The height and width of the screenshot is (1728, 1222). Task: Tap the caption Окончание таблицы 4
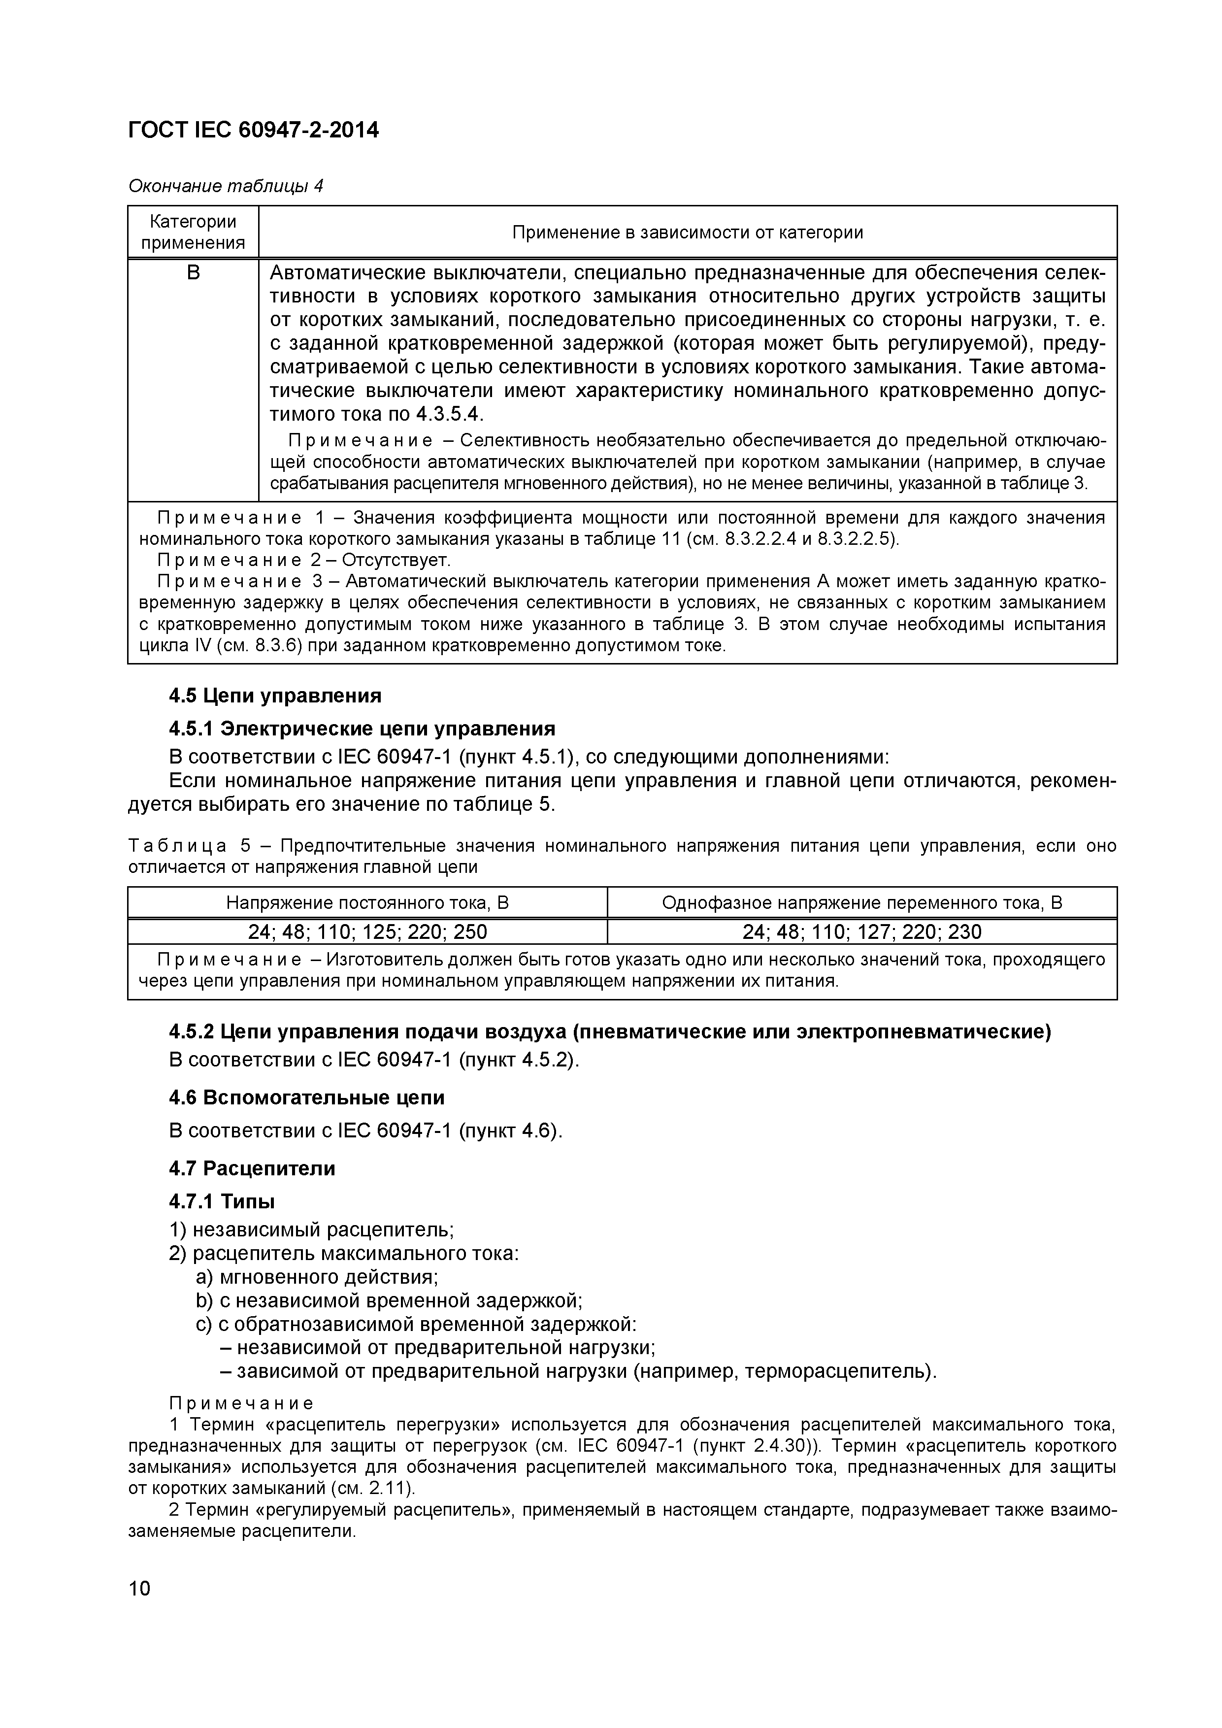coord(226,185)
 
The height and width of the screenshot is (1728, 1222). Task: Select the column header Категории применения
coord(194,232)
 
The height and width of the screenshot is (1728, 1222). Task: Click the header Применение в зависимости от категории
coord(687,232)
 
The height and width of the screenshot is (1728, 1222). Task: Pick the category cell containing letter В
coord(194,272)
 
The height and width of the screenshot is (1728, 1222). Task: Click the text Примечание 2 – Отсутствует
coord(303,560)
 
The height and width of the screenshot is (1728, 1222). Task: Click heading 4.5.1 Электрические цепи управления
coord(362,728)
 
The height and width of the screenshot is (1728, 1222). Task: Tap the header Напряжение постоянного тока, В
coord(367,902)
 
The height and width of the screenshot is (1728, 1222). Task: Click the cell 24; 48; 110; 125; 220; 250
coord(367,932)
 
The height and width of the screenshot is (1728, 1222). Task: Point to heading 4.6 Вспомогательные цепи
coord(307,1097)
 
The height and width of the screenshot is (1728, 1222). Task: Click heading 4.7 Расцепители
coord(252,1168)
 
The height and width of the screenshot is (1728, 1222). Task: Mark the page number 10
coord(139,1588)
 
